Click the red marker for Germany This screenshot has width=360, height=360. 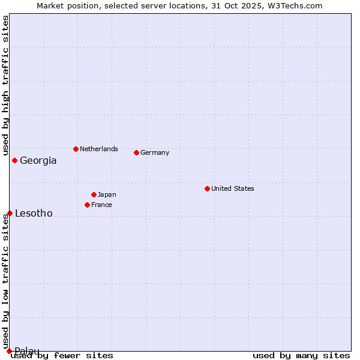click(136, 152)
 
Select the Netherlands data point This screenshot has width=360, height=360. click(76, 149)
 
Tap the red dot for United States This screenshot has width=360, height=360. click(207, 188)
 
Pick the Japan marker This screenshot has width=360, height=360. click(94, 194)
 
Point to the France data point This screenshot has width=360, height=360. click(87, 205)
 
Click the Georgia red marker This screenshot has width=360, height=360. click(14, 160)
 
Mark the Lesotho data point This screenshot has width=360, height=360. click(10, 213)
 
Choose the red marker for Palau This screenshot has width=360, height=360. click(9, 351)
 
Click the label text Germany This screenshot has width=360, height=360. click(155, 152)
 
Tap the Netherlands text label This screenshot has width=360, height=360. click(99, 149)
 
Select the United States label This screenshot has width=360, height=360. click(233, 188)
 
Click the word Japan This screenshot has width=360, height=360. click(107, 194)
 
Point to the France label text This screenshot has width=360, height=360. click(101, 205)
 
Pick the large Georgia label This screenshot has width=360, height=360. click(38, 160)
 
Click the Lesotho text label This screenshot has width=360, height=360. click(34, 213)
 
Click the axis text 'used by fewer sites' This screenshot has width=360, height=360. click(62, 355)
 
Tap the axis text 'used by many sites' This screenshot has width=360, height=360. click(301, 355)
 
